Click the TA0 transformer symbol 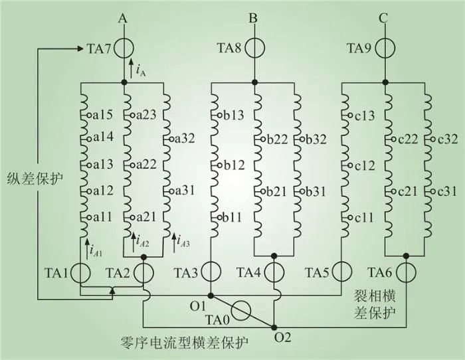(244, 310)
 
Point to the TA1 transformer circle (80, 273)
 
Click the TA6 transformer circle (406, 273)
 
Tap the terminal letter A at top (123, 19)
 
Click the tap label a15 (102, 115)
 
